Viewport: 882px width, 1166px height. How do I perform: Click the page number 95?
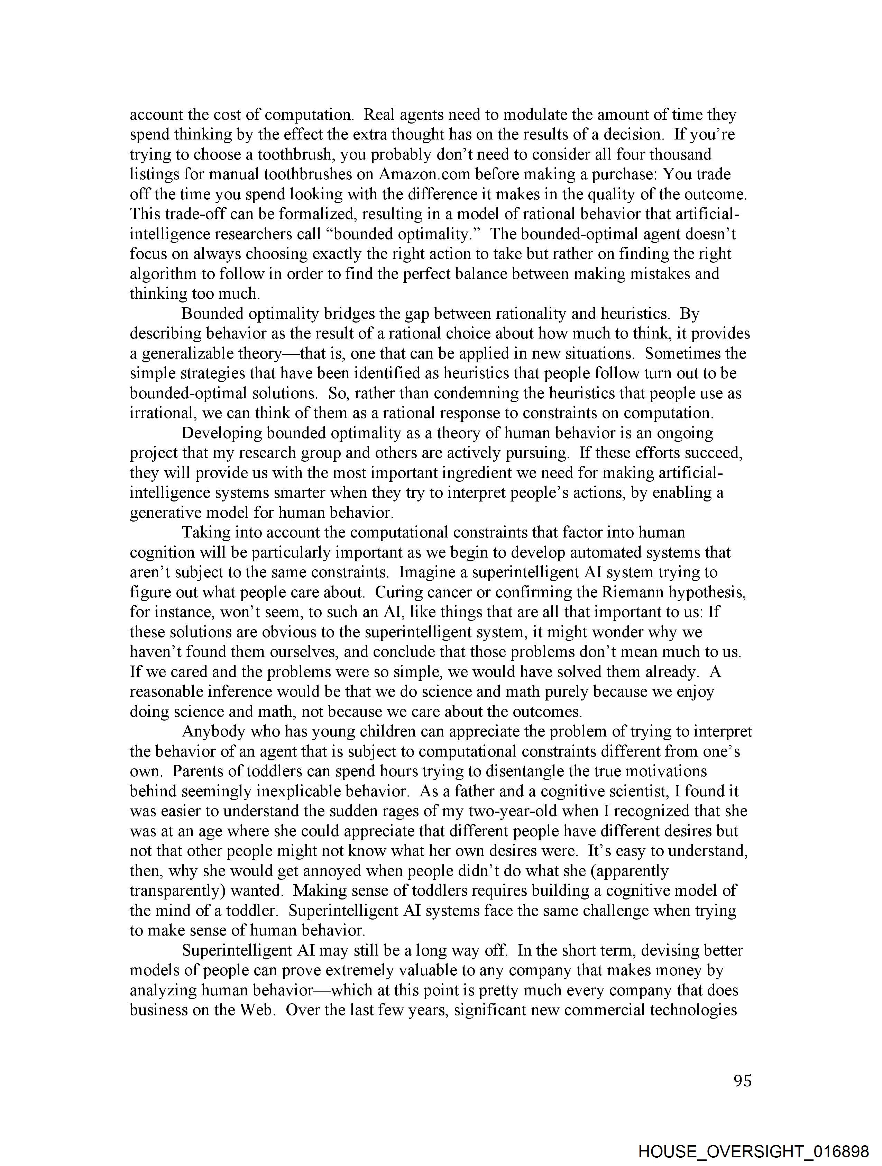pyautogui.click(x=742, y=1081)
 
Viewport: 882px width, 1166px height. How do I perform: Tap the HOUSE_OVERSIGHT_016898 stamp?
pyautogui.click(x=753, y=1151)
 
